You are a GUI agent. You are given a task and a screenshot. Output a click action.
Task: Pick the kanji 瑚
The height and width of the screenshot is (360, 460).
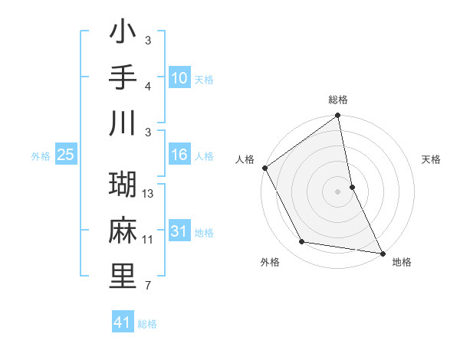click(x=123, y=185)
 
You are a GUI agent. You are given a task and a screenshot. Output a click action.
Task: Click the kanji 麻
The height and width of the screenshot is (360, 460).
click(x=123, y=230)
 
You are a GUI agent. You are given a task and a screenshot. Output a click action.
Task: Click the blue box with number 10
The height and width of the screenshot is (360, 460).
click(x=179, y=78)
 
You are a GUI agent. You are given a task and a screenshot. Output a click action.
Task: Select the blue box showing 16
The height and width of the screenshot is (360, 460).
click(x=179, y=155)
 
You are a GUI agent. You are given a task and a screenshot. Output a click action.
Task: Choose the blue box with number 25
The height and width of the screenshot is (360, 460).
click(x=66, y=155)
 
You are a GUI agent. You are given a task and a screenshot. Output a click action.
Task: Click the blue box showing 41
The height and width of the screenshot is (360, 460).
click(x=123, y=322)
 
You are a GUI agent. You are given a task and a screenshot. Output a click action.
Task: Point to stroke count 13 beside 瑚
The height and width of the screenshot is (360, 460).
click(x=149, y=194)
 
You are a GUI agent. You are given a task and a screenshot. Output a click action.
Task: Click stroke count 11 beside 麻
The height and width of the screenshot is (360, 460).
click(x=148, y=240)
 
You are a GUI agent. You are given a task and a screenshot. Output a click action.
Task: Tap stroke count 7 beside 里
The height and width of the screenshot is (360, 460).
click(x=148, y=286)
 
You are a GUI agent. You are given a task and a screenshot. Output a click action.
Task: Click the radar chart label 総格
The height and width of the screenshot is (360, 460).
click(x=338, y=100)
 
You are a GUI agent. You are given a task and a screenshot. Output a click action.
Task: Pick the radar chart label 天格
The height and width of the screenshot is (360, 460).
click(x=431, y=160)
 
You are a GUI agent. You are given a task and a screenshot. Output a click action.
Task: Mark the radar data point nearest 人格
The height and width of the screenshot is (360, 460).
click(x=264, y=168)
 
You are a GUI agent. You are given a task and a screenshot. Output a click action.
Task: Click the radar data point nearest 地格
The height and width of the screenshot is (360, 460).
click(x=382, y=252)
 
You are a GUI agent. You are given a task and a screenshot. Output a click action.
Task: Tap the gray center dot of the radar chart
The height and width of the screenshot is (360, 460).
click(x=338, y=191)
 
